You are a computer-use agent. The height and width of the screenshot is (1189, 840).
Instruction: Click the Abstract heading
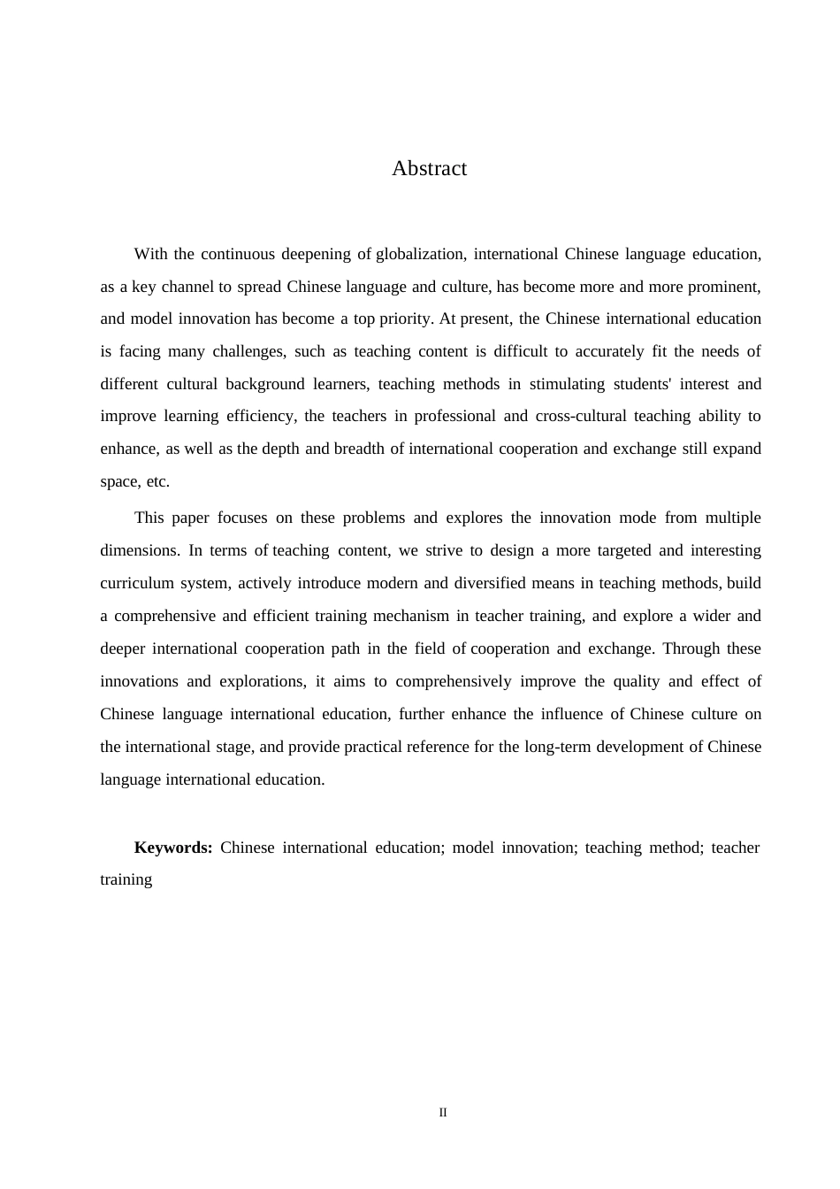429,168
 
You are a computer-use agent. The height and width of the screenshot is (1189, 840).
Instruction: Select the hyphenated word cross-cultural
581,416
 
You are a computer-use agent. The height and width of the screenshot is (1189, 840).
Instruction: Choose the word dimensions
139,550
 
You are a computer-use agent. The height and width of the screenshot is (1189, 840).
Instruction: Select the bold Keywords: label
172,848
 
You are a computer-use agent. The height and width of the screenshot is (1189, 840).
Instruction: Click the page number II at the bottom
443,1112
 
